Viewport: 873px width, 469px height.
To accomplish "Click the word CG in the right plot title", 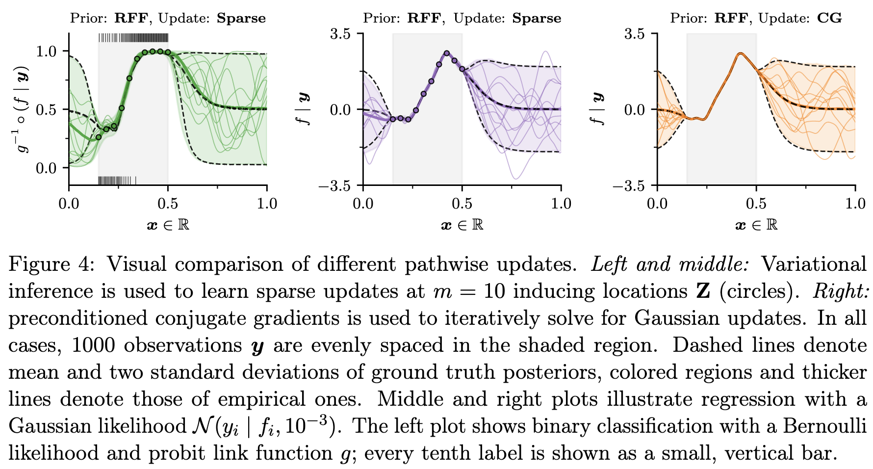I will pyautogui.click(x=829, y=19).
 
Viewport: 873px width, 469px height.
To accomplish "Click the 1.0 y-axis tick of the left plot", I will pyautogui.click(x=46, y=52).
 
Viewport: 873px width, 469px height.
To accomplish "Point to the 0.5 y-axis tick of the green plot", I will pyautogui.click(x=46, y=109).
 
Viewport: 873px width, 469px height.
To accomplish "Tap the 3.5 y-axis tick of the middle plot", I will pyautogui.click(x=340, y=34).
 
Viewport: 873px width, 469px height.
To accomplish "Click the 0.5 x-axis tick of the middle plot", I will pyautogui.click(x=462, y=203).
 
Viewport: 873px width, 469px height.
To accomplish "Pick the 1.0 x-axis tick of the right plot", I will pyautogui.click(x=855, y=203).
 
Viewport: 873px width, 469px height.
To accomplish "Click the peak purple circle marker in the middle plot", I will pyautogui.click(x=447, y=53).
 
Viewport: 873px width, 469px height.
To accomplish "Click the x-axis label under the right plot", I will pyautogui.click(x=756, y=225).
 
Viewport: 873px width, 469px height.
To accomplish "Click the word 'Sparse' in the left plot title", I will pyautogui.click(x=241, y=19).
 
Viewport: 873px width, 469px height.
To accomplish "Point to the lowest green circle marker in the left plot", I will pyautogui.click(x=99, y=137).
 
